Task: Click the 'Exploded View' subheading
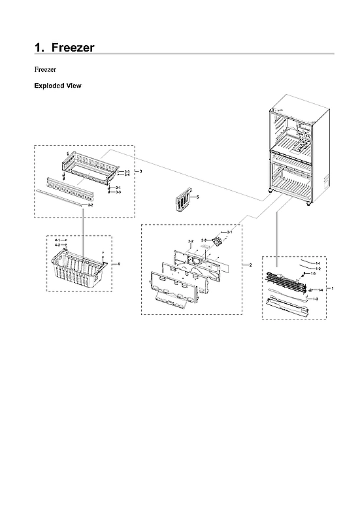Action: click(x=57, y=86)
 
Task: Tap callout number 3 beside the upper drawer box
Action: click(x=141, y=171)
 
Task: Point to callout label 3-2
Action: click(x=90, y=205)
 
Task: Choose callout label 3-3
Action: click(x=118, y=192)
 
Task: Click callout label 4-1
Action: click(x=57, y=240)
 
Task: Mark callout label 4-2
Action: click(x=57, y=245)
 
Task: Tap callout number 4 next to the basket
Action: click(x=119, y=263)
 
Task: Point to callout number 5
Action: click(x=198, y=196)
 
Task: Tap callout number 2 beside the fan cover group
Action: click(x=250, y=265)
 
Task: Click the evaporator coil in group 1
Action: click(x=285, y=278)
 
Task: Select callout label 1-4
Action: click(x=320, y=289)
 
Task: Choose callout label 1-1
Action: click(x=318, y=263)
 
